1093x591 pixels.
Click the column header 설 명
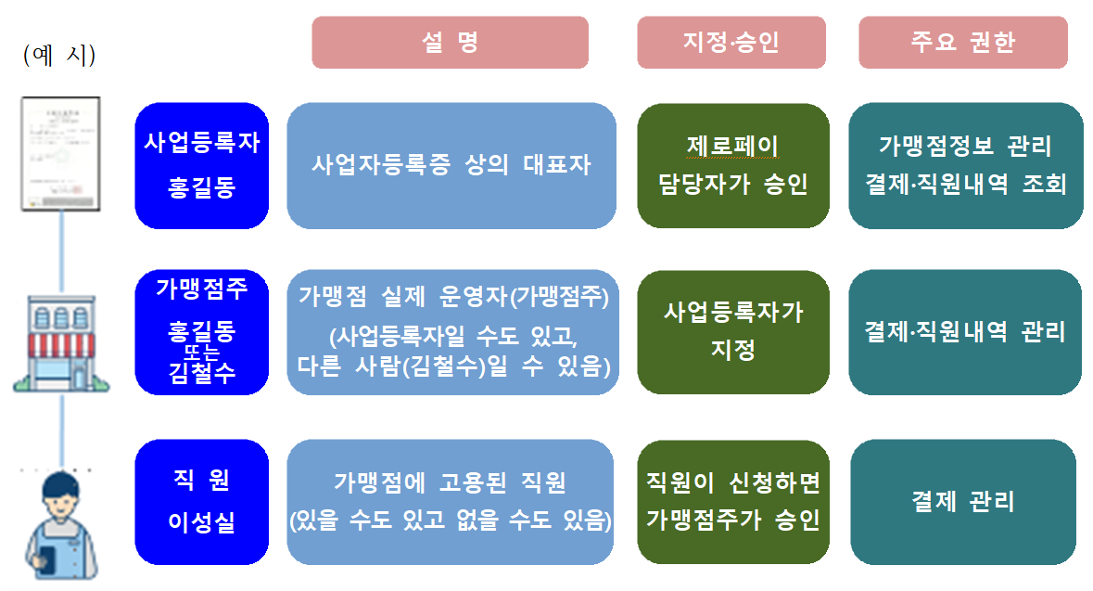coord(450,43)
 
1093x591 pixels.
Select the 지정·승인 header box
coord(731,43)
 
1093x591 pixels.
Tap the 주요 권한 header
coord(962,43)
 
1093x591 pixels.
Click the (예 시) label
coord(59,55)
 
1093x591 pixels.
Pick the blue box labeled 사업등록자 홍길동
coord(201,165)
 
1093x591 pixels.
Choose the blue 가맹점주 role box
coord(201,332)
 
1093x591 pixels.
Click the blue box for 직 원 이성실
coord(201,501)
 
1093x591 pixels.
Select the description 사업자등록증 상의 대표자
coord(451,165)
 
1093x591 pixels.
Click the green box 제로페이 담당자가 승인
coord(732,165)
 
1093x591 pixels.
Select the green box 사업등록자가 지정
coord(732,331)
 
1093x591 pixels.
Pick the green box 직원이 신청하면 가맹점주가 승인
coord(732,501)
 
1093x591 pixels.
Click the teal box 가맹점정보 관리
coord(965,165)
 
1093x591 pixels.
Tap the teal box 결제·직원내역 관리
coord(965,332)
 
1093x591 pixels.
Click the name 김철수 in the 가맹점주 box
coord(201,373)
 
